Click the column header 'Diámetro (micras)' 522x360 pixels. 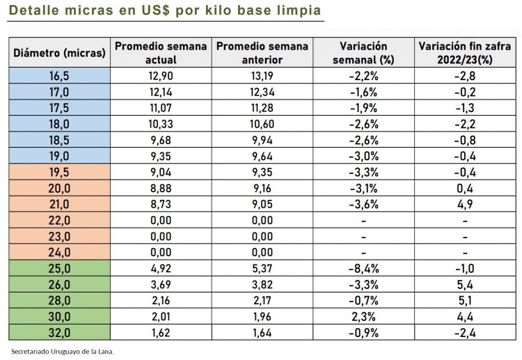tap(59, 53)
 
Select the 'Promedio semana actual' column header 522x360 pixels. tap(161, 53)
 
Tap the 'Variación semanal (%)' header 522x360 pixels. tap(363, 53)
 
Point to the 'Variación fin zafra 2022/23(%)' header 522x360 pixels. tap(464, 53)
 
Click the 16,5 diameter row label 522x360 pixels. tap(59, 75)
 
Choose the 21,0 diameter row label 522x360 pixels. tap(59, 203)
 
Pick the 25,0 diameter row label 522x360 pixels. tap(59, 268)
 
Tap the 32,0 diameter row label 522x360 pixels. tap(59, 332)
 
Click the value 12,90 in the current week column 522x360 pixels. tap(161, 75)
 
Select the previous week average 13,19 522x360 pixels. tap(262, 75)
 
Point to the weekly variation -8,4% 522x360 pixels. tap(363, 268)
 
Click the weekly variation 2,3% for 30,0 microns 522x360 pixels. tap(363, 316)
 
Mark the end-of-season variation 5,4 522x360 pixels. tap(464, 284)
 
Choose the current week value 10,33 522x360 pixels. tap(161, 123)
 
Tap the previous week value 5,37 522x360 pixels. tap(262, 268)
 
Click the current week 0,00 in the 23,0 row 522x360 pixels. tap(161, 236)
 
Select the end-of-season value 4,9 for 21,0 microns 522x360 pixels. tap(464, 203)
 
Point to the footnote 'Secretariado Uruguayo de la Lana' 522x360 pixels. tap(62, 351)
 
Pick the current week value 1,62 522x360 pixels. tap(161, 332)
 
